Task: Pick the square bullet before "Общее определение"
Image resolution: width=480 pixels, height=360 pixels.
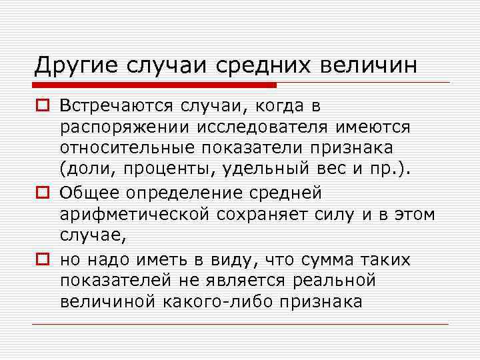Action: point(42,194)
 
